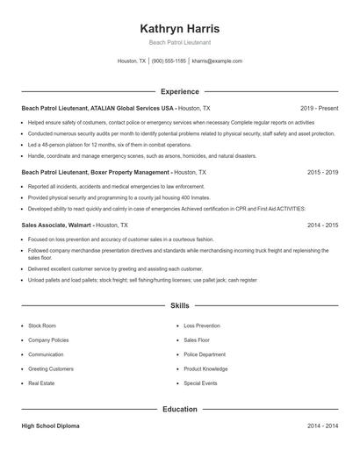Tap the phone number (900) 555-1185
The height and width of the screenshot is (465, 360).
169,61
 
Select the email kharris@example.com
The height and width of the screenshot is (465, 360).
217,61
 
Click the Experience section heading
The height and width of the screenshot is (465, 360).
180,91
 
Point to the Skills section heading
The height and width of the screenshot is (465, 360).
180,305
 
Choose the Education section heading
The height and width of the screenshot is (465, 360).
180,409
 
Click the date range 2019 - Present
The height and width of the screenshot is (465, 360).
319,108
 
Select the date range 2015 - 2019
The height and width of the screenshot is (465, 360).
322,173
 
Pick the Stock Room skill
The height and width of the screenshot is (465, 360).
42,325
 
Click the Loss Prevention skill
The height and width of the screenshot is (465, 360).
202,325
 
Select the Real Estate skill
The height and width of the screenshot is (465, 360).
41,383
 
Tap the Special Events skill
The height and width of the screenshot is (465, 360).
200,383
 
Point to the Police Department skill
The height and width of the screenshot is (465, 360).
204,354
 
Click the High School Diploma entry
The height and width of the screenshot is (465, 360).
50,426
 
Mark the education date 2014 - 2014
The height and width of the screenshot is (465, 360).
322,426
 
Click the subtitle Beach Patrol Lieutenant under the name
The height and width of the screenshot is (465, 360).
180,42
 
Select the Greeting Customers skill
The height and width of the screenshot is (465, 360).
51,368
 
